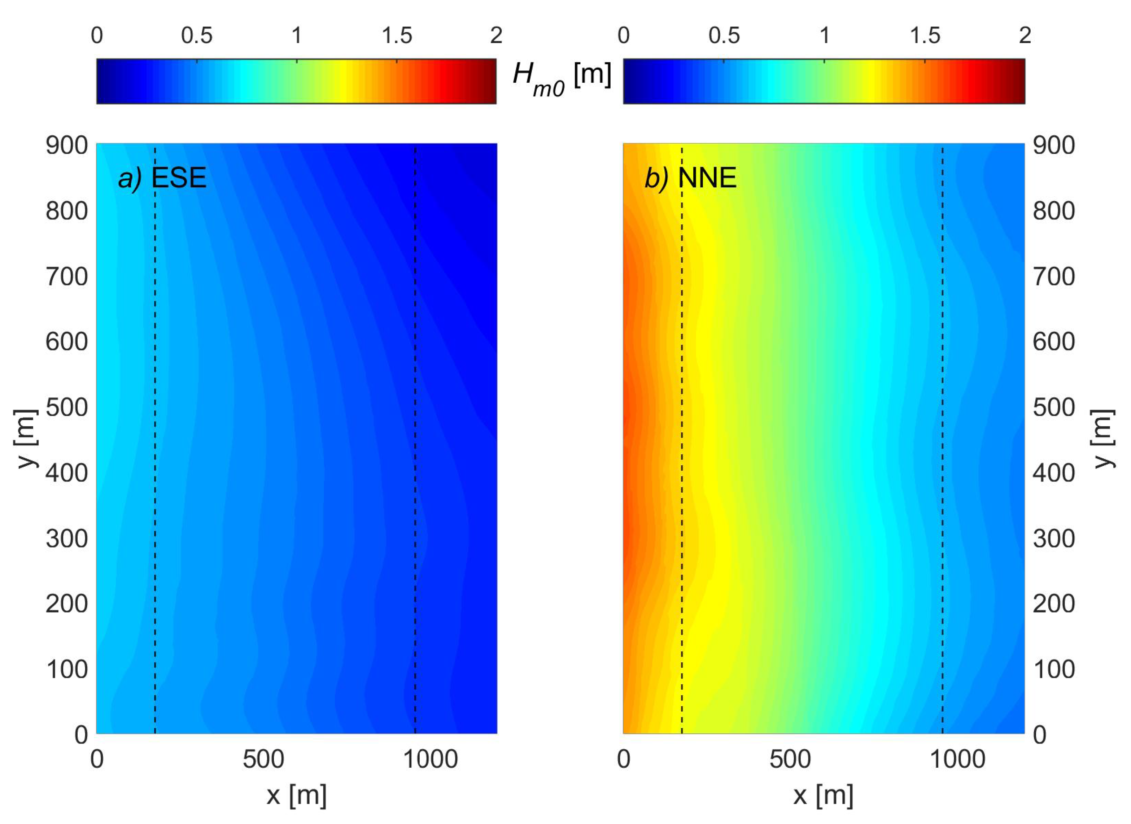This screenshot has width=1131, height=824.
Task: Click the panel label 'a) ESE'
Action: tap(162, 178)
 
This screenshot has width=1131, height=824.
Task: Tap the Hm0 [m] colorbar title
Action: tap(562, 80)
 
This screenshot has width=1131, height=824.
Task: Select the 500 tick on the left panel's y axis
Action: tap(67, 407)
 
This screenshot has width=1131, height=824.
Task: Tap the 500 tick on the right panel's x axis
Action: tap(790, 759)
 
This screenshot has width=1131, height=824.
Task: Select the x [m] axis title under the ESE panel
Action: tap(297, 795)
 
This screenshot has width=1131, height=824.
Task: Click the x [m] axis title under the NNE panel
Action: tap(823, 795)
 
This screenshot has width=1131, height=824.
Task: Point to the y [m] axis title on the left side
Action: tap(26, 439)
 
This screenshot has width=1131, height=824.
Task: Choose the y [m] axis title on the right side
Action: tap(1104, 439)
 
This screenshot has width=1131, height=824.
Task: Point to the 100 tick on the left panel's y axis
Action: tap(67, 670)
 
